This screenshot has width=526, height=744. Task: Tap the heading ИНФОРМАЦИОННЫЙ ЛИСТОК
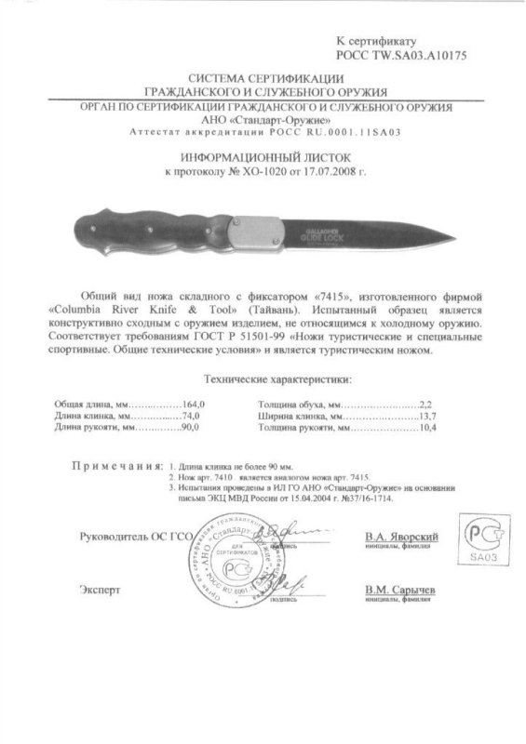[263, 159]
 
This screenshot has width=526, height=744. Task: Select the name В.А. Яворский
[403, 538]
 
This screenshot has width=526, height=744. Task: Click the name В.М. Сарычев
[402, 590]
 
